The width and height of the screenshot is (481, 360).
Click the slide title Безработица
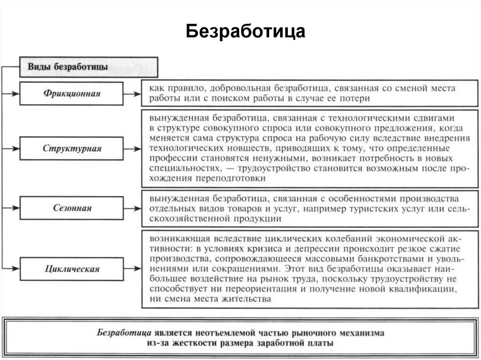click(245, 31)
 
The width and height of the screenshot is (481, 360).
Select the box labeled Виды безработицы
click(88, 67)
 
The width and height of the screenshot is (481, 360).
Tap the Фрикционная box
click(71, 93)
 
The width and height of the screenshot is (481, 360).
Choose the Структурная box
click(71, 149)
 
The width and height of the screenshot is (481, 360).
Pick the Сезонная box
click(71, 208)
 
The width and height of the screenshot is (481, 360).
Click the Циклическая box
click(71, 269)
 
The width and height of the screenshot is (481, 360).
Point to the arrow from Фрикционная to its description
click(132, 93)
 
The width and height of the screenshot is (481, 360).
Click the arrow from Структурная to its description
click(132, 149)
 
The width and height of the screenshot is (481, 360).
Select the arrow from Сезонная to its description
click(132, 208)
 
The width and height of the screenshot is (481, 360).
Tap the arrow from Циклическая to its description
click(132, 269)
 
